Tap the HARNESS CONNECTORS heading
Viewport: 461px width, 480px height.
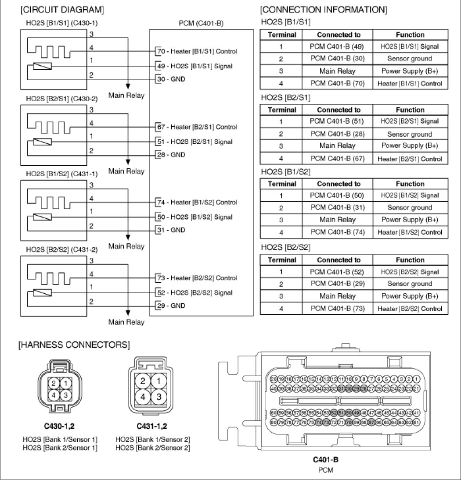[74, 345]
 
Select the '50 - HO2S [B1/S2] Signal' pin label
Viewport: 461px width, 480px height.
[194, 217]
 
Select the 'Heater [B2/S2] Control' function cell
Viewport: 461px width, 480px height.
[410, 309]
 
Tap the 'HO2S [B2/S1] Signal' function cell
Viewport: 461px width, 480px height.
[410, 121]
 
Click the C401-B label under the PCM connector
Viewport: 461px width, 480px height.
[325, 460]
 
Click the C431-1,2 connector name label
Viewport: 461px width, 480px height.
[151, 425]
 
